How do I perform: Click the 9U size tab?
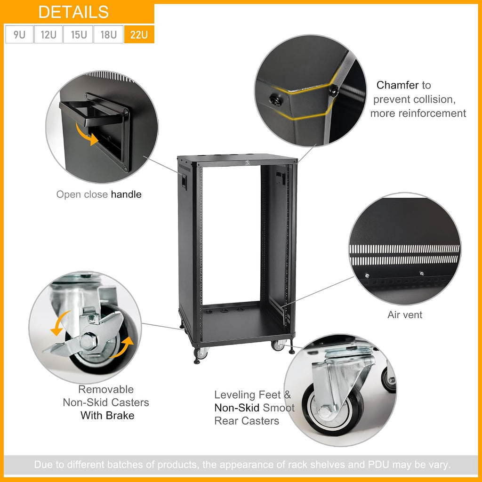(x=19, y=34)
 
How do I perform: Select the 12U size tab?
(x=48, y=34)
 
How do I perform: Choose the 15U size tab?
(x=78, y=34)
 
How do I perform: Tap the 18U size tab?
(x=109, y=34)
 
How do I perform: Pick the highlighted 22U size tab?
(x=139, y=34)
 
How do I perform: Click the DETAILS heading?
(x=73, y=12)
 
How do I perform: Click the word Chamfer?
(x=397, y=85)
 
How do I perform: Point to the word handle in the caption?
(x=126, y=194)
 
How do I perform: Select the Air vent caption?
(x=404, y=315)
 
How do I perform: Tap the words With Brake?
(x=107, y=415)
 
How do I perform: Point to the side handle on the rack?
(x=184, y=181)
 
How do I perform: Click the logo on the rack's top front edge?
(x=248, y=162)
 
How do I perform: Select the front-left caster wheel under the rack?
(x=201, y=353)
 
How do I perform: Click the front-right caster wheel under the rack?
(x=278, y=345)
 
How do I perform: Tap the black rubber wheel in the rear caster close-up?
(x=334, y=409)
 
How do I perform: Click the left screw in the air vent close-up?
(x=367, y=276)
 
